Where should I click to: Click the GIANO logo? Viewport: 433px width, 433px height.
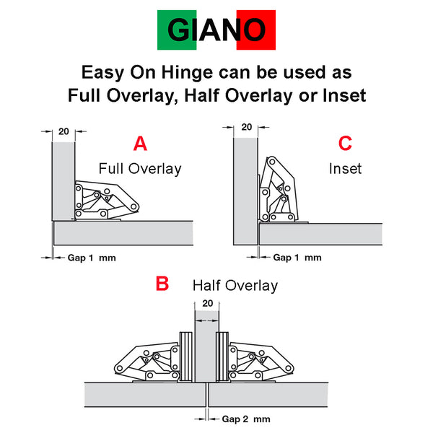(x=216, y=30)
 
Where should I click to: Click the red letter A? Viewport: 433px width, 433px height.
(x=140, y=144)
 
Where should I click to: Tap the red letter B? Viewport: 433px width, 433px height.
(x=162, y=284)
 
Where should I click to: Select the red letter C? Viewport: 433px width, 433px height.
(x=345, y=144)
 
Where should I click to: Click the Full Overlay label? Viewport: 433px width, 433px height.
(x=140, y=169)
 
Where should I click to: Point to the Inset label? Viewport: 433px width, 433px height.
(x=345, y=168)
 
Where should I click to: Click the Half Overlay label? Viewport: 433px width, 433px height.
(x=235, y=286)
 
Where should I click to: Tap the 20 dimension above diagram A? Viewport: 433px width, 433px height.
(x=64, y=131)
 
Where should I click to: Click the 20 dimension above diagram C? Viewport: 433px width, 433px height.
(x=247, y=127)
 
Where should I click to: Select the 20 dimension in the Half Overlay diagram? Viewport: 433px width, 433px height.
(x=207, y=303)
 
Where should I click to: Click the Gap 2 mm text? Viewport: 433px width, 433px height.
(x=246, y=419)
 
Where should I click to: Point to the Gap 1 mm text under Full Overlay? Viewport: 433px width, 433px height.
(x=92, y=258)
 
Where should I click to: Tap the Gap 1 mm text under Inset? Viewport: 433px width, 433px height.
(x=297, y=258)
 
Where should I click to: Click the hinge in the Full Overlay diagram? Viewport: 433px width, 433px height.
(x=106, y=201)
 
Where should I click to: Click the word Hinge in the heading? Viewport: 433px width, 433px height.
(x=187, y=73)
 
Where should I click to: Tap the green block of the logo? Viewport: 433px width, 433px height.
(x=177, y=30)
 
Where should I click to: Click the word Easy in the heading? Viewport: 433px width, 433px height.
(x=103, y=73)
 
